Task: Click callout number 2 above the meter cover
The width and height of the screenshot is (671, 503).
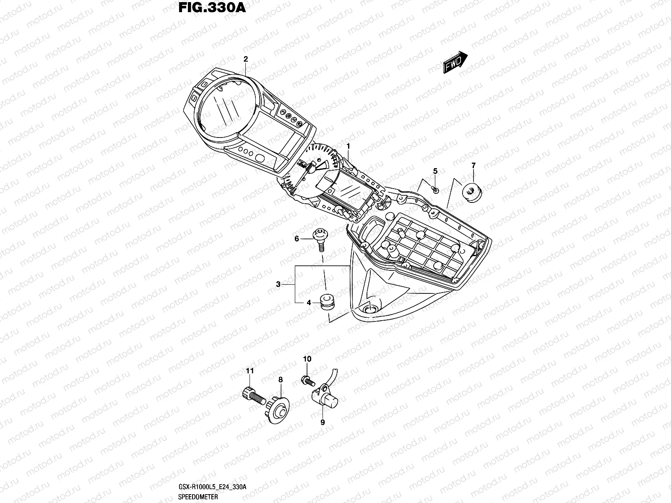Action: tap(246, 59)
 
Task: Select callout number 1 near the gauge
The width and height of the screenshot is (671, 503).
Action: tap(348, 145)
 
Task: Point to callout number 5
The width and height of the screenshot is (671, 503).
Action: tap(435, 171)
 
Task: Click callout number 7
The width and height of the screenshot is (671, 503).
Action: tap(473, 166)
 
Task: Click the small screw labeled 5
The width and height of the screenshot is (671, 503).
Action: tap(436, 190)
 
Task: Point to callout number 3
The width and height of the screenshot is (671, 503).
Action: tap(278, 285)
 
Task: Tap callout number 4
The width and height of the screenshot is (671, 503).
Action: tap(308, 302)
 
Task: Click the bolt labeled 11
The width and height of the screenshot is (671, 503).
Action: tap(252, 395)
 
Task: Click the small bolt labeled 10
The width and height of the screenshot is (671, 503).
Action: tap(307, 381)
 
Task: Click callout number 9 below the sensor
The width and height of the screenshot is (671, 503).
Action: tap(322, 423)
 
